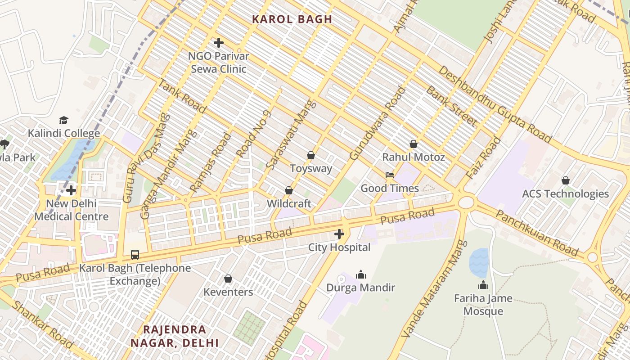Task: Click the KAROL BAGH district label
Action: (292, 19)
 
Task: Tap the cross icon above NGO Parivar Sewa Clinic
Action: (219, 43)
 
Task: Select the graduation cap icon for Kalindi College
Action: (63, 120)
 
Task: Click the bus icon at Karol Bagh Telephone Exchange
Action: (135, 254)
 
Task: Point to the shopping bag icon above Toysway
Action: (310, 155)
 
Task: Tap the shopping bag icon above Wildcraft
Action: (289, 190)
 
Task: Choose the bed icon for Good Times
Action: (390, 175)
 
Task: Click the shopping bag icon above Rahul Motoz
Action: (413, 144)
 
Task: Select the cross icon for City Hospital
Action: (339, 234)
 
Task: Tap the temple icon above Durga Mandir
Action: (360, 274)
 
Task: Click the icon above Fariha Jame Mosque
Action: (483, 285)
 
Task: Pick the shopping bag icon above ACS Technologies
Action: (565, 180)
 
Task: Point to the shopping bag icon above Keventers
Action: (228, 279)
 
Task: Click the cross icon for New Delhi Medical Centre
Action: (71, 190)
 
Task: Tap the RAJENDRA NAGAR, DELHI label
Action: (175, 336)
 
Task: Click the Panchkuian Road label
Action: (536, 233)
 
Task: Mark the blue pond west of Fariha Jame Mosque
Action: (479, 263)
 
